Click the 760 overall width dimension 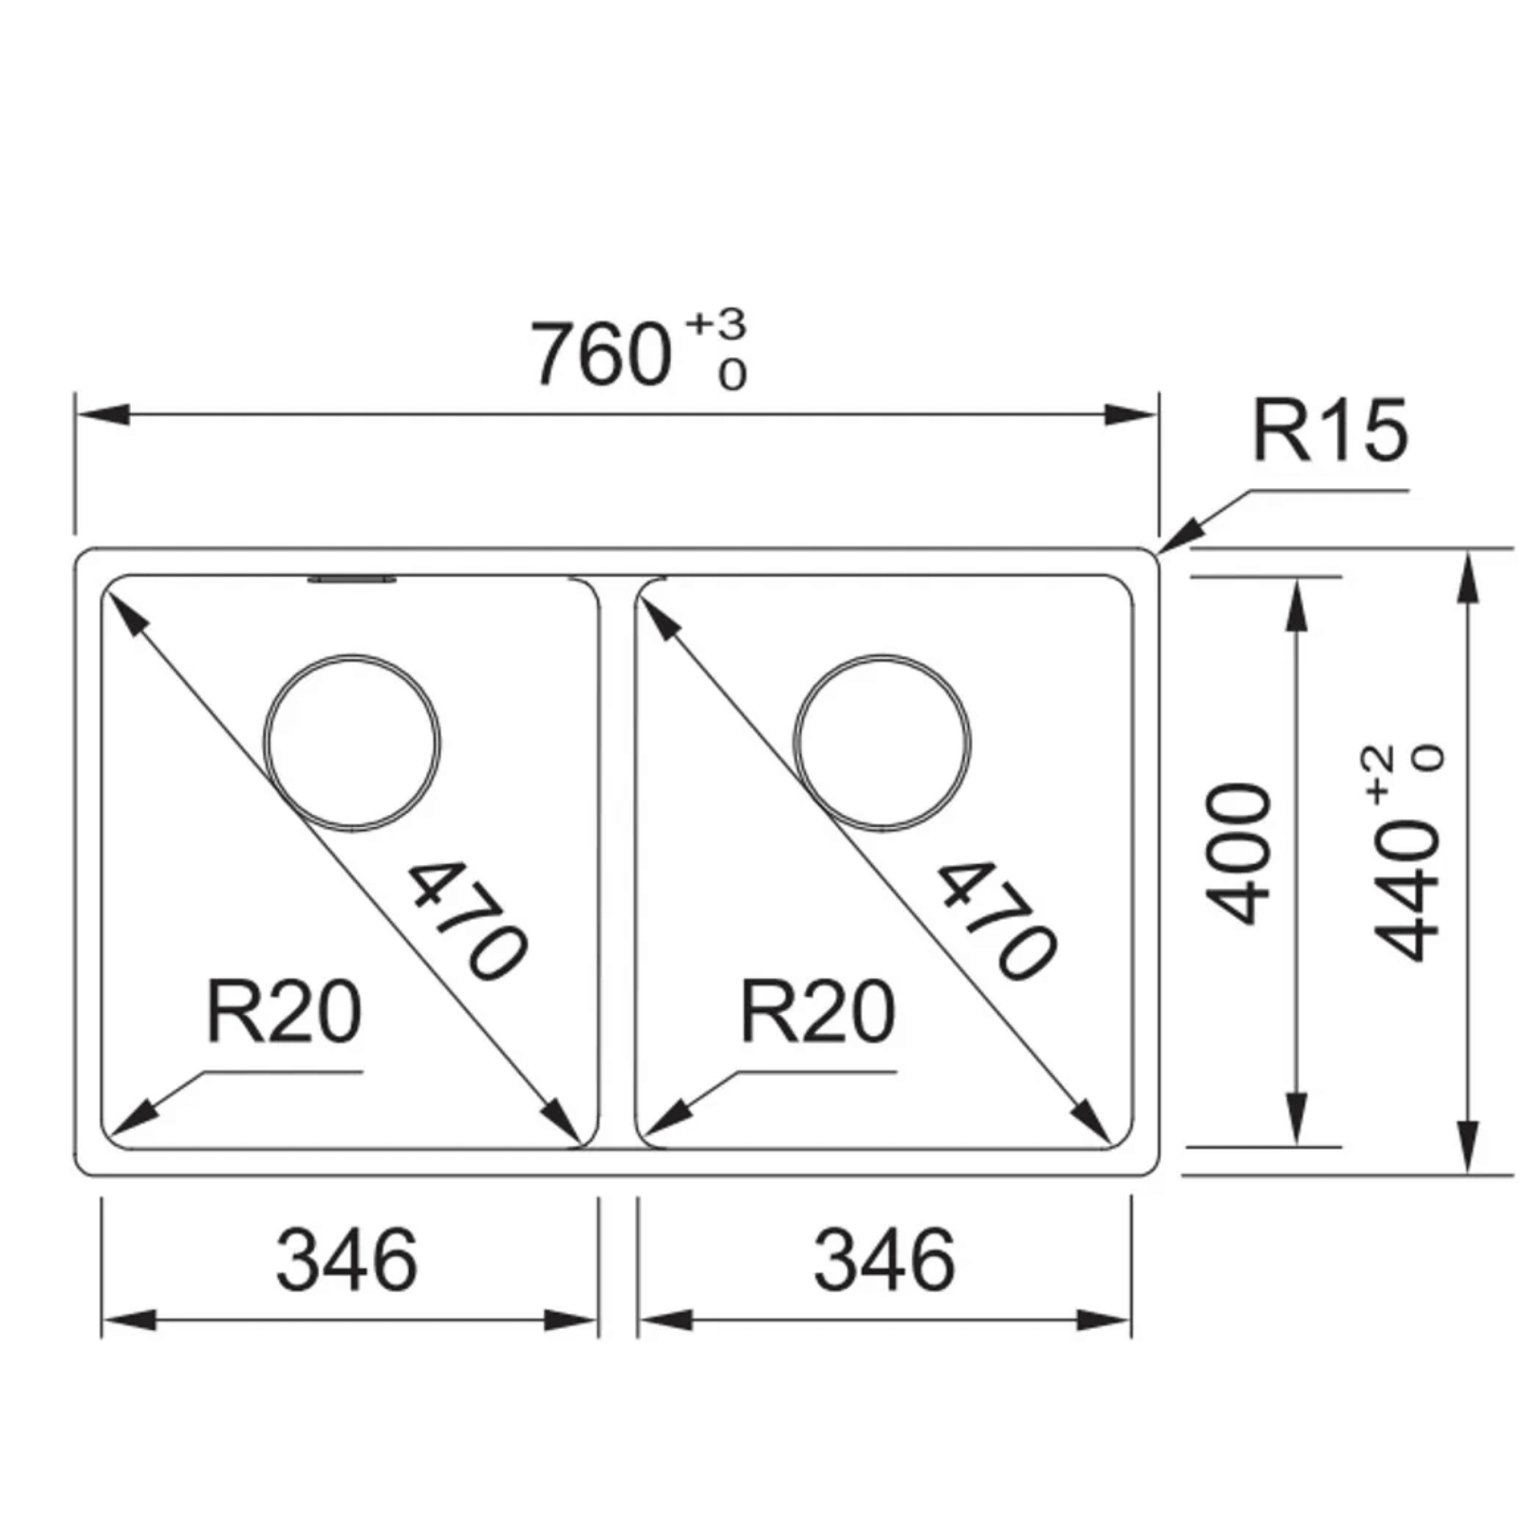[x=601, y=355]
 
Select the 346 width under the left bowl [x=346, y=1261]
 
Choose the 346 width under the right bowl [x=884, y=1261]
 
